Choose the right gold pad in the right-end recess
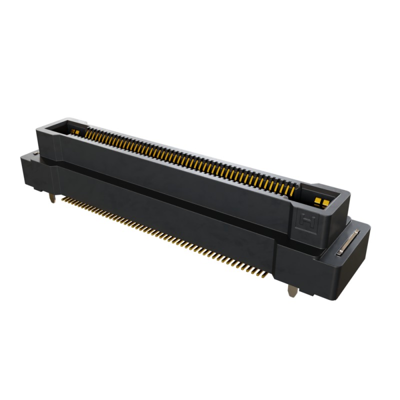324,203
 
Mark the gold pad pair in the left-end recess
74,132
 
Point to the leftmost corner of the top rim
36,128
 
